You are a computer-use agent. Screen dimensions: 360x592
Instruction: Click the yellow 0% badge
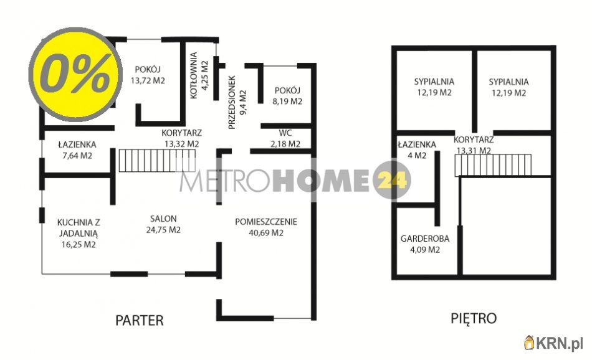(x=75, y=77)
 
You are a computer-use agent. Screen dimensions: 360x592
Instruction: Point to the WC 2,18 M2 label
(x=285, y=138)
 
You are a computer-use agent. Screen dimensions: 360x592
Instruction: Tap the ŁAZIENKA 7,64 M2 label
(x=75, y=150)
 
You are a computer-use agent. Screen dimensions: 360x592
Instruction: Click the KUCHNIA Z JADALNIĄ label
(x=77, y=232)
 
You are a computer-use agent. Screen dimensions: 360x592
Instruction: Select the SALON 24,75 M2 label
(x=163, y=224)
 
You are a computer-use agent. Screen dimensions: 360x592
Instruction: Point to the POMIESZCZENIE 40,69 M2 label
(x=266, y=227)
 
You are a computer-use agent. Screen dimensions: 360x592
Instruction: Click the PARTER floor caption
(x=140, y=320)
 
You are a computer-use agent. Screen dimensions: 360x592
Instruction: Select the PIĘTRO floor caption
(x=474, y=318)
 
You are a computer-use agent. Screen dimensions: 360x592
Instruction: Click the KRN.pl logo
(x=554, y=342)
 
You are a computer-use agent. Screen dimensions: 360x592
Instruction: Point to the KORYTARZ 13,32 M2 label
(x=181, y=138)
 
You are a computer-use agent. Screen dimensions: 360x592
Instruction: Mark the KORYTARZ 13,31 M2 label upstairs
(x=474, y=144)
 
